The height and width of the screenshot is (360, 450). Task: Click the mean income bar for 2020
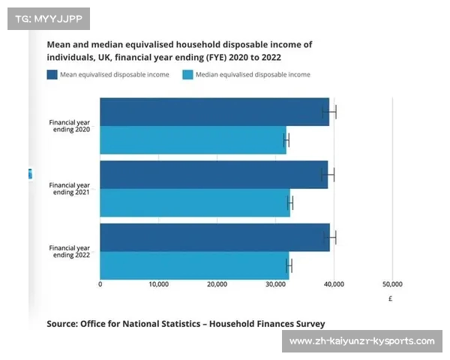214,112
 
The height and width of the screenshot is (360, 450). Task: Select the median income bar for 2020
193,140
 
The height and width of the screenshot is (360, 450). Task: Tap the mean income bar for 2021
213,175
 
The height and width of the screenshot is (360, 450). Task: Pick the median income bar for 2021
194,202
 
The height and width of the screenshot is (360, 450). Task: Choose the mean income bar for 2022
214,238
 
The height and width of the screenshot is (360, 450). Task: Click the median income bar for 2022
193,265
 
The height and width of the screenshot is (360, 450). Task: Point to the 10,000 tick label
158,284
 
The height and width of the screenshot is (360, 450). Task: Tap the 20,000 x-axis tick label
217,284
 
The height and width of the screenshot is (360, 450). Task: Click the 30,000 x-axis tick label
275,284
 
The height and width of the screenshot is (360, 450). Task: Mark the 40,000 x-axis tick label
334,284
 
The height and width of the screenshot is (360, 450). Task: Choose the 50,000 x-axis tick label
392,284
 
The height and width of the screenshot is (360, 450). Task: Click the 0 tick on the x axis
100,284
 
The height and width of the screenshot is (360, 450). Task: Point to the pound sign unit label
391,298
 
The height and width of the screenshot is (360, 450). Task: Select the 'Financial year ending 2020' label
70,125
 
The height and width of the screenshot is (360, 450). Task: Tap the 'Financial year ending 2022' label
70,251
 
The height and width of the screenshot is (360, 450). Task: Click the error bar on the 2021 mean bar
328,175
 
